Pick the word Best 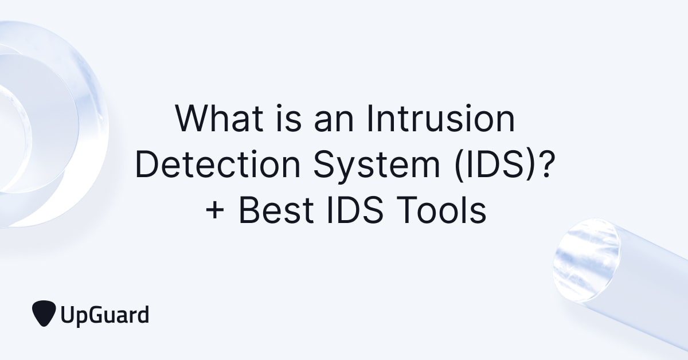coord(275,211)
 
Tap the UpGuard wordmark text coord(104,315)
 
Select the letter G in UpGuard coord(96,314)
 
